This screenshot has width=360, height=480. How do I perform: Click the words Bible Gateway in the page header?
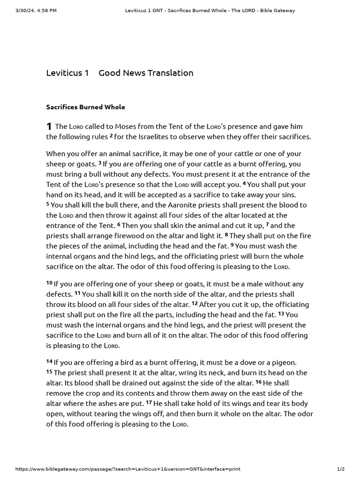(277, 10)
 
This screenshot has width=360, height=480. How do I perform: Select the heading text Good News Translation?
(146, 73)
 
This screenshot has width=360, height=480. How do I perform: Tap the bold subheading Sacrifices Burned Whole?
(85, 107)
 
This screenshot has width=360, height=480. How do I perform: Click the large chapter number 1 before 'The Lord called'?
(49, 127)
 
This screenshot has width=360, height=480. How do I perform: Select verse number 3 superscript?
(100, 163)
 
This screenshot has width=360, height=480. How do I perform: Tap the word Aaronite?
(180, 205)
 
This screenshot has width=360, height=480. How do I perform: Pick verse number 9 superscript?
(232, 245)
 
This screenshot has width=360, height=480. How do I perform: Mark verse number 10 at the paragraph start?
(49, 283)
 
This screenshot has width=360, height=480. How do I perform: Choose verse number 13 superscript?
(281, 314)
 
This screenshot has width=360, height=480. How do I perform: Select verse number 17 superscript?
(149, 402)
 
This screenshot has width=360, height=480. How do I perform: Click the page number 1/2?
(341, 469)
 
